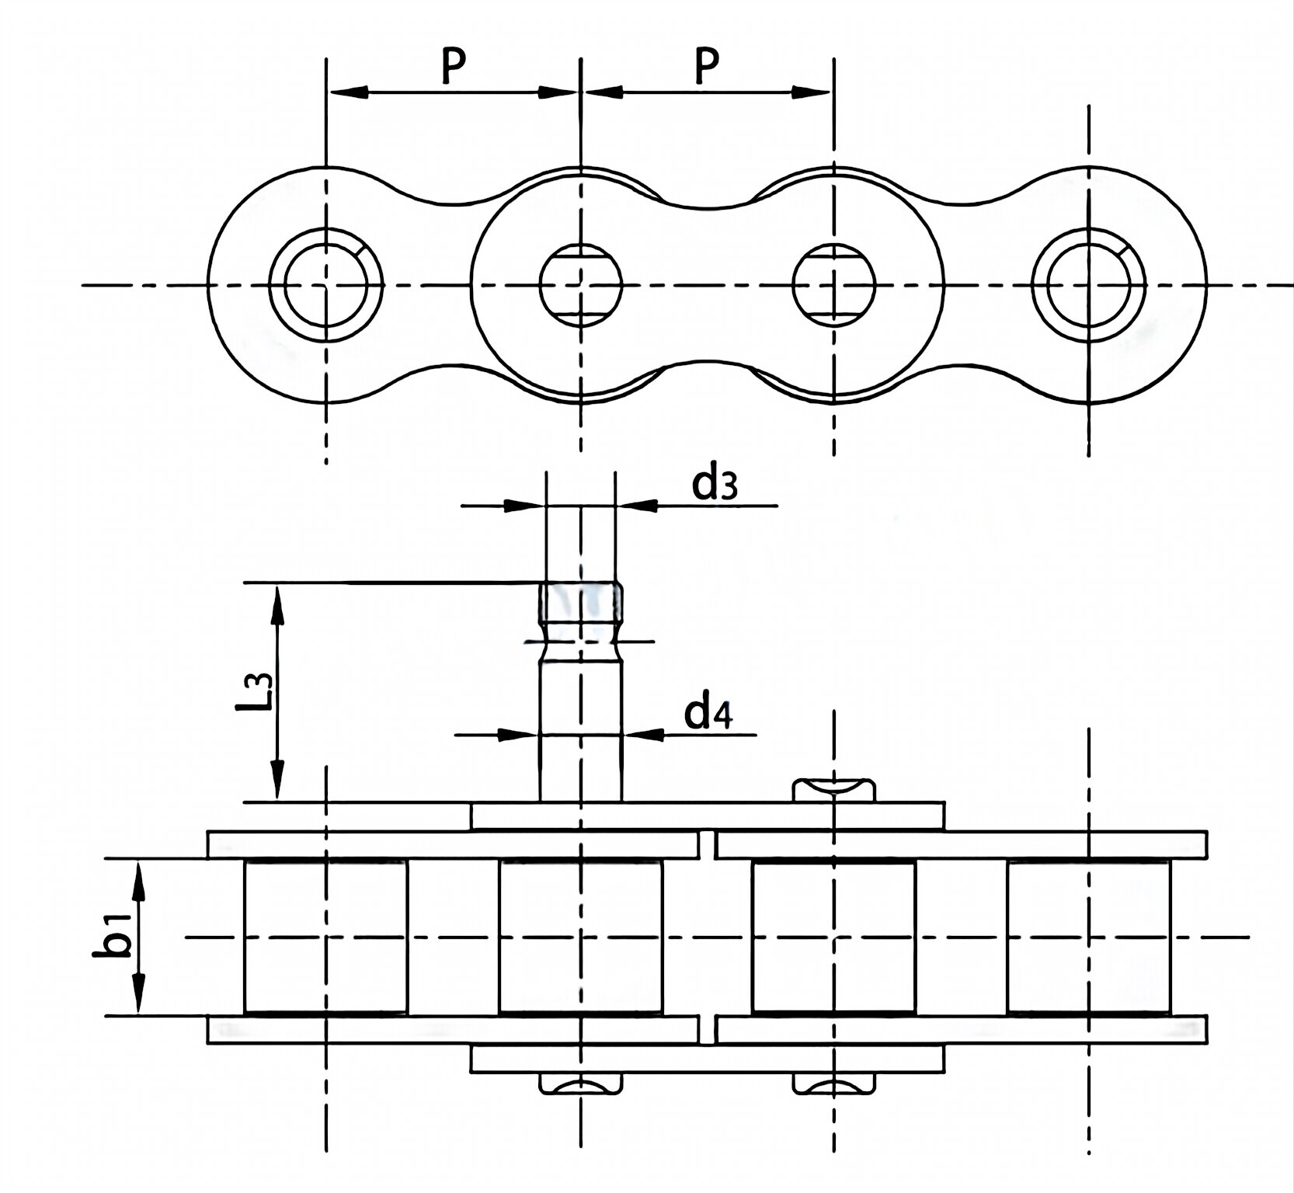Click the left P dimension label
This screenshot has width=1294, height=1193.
tap(454, 67)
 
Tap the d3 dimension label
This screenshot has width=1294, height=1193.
tap(714, 485)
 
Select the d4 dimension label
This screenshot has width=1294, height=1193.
tap(708, 713)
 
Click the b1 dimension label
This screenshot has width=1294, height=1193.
tap(116, 937)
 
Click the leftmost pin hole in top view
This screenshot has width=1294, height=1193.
tap(325, 285)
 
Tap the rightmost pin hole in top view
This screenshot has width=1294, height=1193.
tap(1089, 285)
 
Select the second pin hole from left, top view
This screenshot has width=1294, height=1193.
tap(580, 285)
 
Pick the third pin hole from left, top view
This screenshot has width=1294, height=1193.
tap(833, 285)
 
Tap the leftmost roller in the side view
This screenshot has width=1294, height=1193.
tap(325, 937)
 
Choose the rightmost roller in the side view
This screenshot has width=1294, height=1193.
tap(1088, 937)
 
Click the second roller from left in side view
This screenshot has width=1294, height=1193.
tap(580, 937)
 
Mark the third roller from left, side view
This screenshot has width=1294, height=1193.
tap(833, 937)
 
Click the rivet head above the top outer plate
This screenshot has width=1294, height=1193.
tap(833, 790)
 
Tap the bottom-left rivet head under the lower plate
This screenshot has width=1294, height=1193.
tap(580, 1084)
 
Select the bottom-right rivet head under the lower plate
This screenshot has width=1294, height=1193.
tap(833, 1084)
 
